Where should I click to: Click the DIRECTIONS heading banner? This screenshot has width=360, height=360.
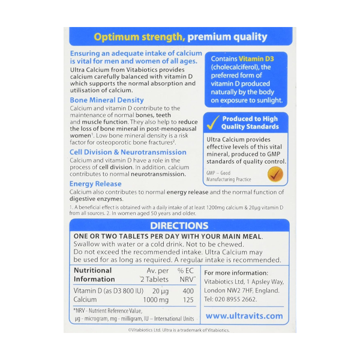pos(179,226)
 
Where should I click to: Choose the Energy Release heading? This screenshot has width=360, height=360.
pos(95,184)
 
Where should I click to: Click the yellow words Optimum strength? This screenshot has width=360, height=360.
pos(139,37)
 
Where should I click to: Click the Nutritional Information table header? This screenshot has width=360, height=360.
pos(93,275)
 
